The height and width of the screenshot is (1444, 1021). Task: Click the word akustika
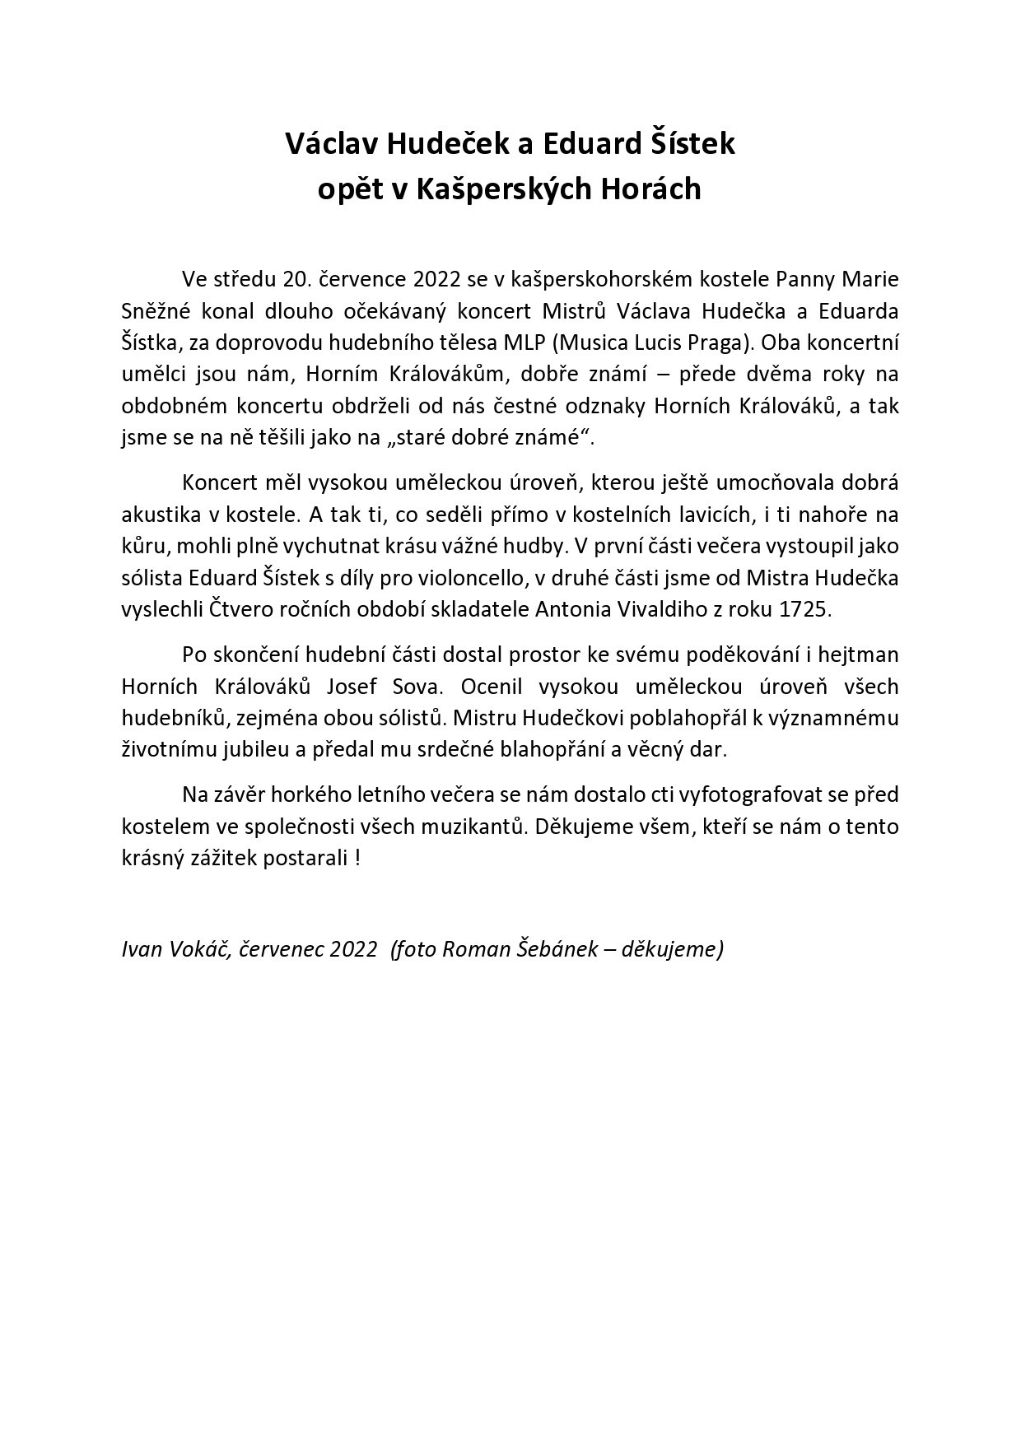[x=161, y=515]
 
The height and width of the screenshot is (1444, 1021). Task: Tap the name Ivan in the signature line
[x=141, y=949]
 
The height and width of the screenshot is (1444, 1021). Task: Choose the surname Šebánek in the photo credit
[x=552, y=949]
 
